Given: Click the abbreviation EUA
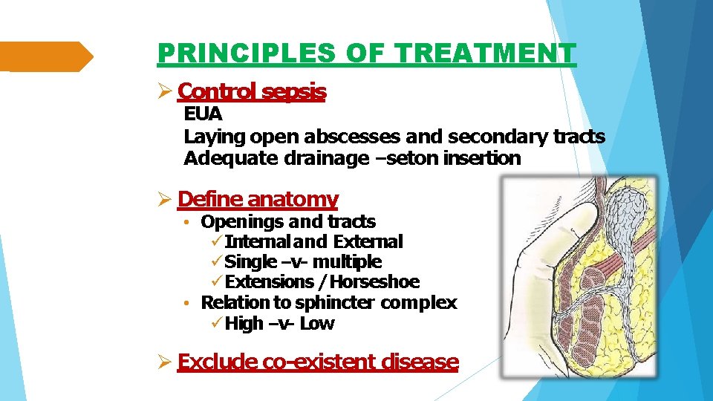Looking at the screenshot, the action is coord(203,115).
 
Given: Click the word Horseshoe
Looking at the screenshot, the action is coord(375,281).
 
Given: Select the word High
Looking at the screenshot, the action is coord(244,323).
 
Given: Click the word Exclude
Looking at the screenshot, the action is coord(218,362).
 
